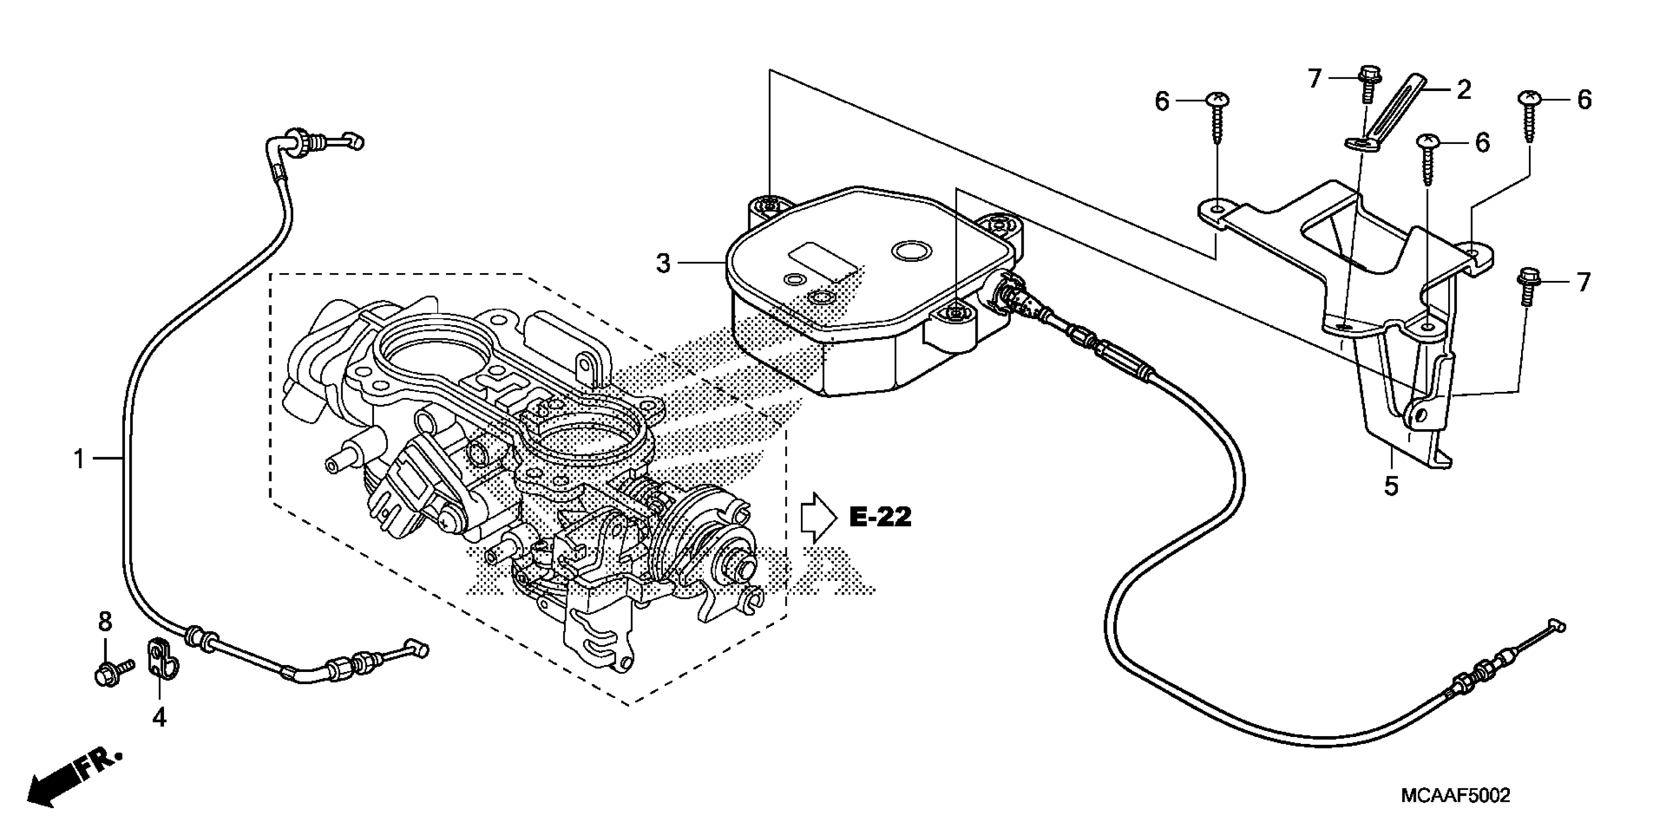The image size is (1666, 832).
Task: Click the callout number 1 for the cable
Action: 79,460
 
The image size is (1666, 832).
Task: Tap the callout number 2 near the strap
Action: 1464,90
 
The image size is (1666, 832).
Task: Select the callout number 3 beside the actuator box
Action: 663,264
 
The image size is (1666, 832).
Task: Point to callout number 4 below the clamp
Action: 159,717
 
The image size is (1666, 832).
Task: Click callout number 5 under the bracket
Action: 1391,485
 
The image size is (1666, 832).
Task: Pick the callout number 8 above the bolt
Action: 105,622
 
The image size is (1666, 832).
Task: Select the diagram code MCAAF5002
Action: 1455,795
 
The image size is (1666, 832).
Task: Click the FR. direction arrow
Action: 71,780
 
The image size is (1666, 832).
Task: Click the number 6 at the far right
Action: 1584,100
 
